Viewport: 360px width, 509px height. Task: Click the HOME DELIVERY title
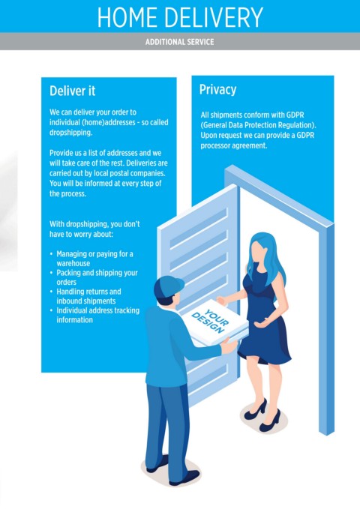(180, 17)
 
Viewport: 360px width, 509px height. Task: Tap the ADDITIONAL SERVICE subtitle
(180, 42)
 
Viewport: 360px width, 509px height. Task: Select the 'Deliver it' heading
(72, 91)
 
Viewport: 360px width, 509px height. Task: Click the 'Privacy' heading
(217, 90)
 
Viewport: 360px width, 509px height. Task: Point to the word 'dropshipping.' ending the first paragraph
(70, 133)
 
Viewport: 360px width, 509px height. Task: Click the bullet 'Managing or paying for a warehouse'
(94, 259)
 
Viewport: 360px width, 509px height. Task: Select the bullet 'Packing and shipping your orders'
(97, 277)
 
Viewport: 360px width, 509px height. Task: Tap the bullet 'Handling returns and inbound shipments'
(88, 296)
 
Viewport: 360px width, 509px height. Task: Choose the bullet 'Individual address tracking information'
(97, 315)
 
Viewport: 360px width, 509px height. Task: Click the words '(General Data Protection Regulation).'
(258, 125)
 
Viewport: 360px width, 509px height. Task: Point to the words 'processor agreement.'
(233, 145)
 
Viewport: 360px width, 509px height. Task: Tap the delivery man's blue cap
(168, 286)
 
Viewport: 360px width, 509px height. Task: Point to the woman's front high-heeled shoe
(270, 421)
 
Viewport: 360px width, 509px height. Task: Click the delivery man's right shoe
(184, 478)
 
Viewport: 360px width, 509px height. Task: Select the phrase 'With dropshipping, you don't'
(94, 224)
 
